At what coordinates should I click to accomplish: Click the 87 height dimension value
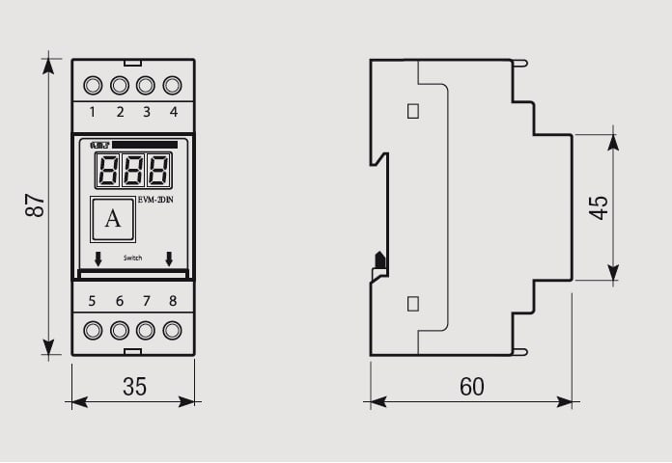35,205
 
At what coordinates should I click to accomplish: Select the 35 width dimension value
134,387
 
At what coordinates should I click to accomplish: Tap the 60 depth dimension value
471,387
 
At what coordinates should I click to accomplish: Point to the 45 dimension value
599,206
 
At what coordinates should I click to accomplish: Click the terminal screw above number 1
93,85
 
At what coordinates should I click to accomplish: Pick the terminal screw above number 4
173,85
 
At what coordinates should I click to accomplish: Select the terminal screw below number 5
93,331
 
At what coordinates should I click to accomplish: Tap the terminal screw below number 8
173,331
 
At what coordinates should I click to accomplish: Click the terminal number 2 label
120,112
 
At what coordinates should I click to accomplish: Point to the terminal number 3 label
147,112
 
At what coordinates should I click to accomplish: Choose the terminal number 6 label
120,301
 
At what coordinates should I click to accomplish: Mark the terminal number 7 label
147,301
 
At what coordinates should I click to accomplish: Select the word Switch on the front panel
133,259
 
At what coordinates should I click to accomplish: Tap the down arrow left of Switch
98,259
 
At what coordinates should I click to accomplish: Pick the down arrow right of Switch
169,259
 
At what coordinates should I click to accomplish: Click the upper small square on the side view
413,111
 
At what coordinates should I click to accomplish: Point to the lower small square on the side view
413,304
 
